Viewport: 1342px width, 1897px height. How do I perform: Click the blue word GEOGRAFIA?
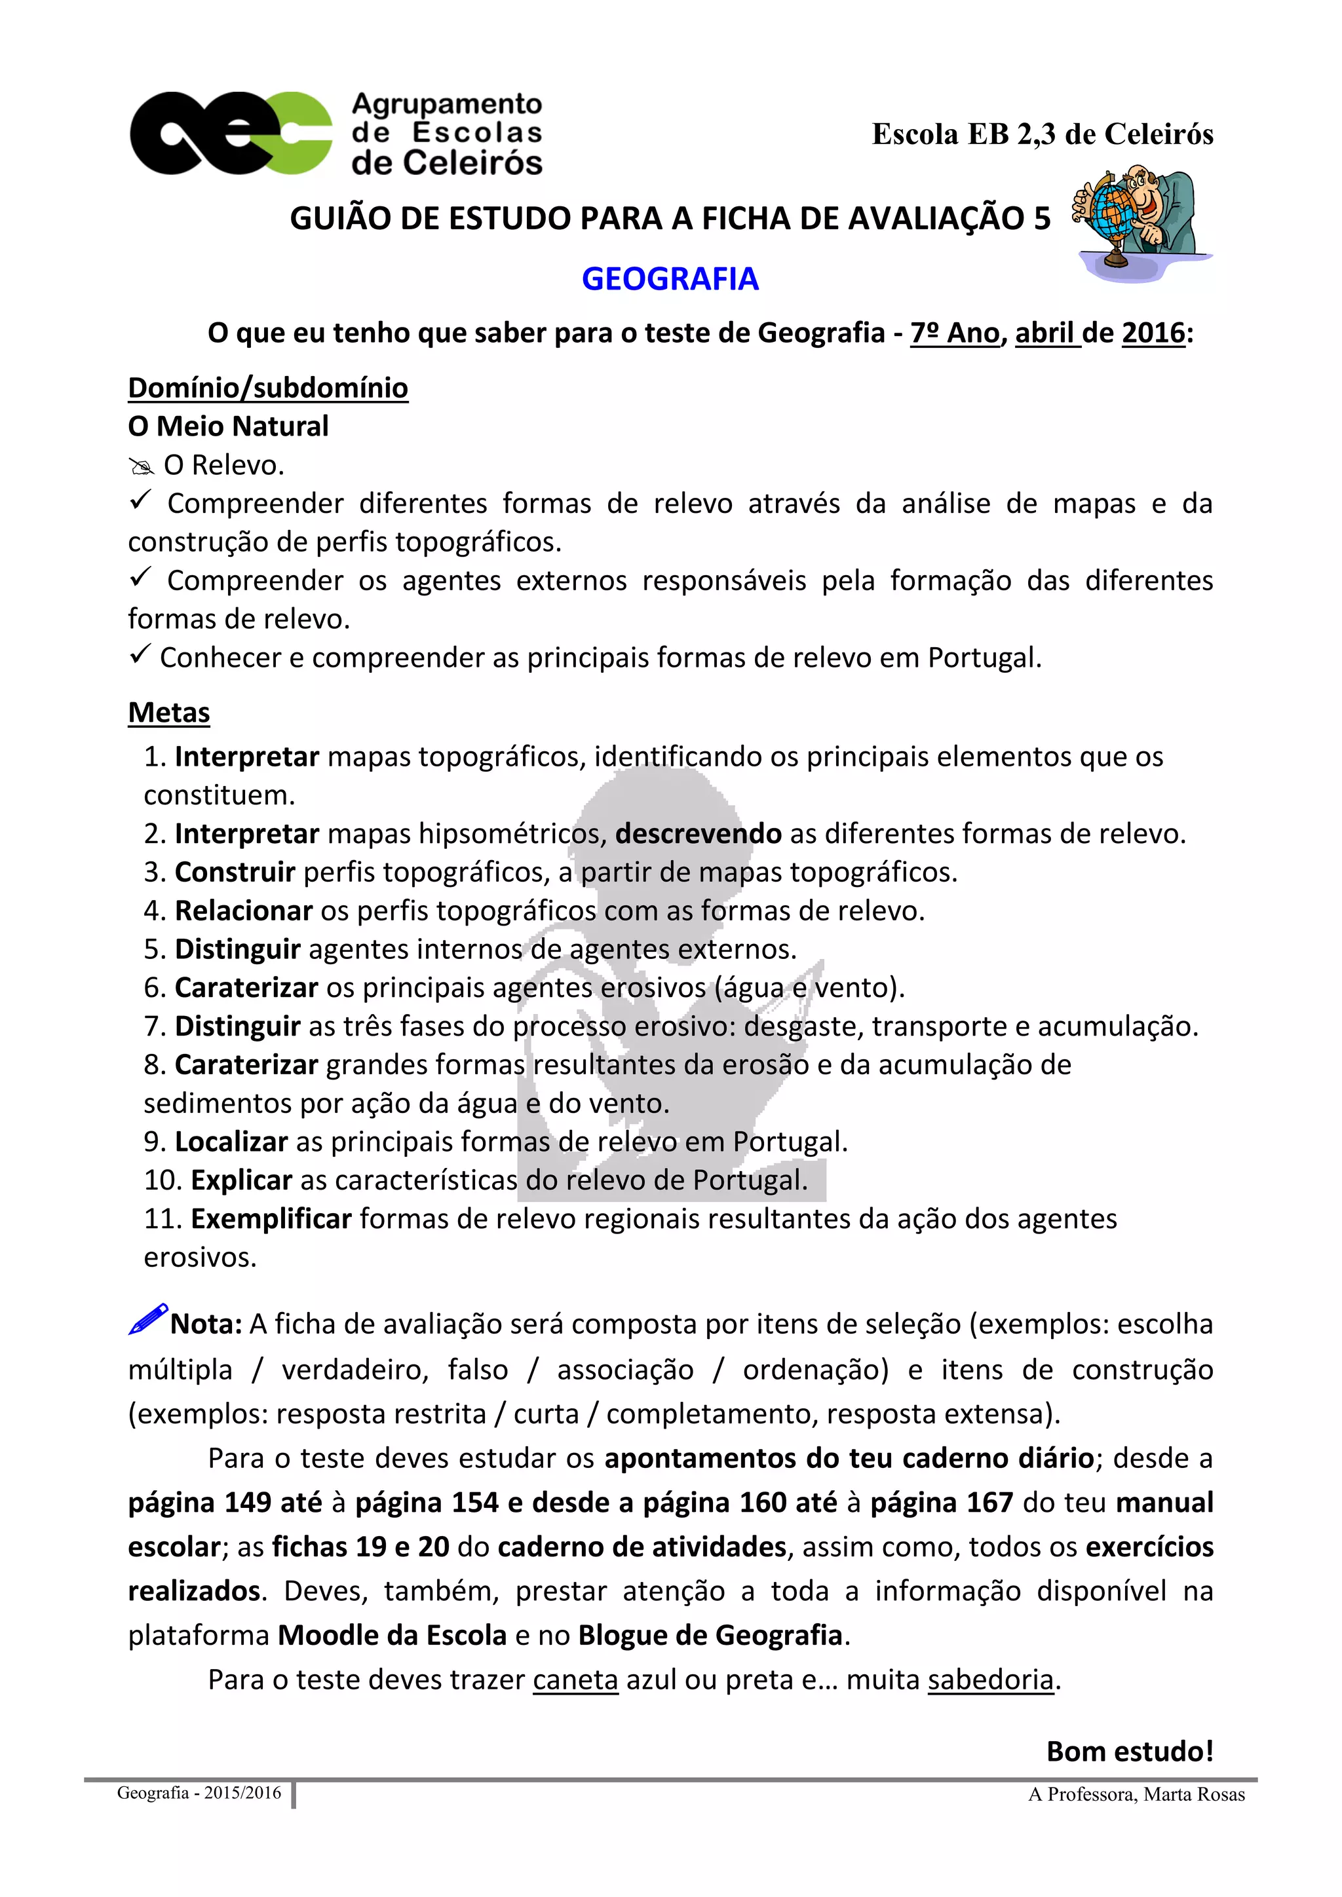click(x=670, y=279)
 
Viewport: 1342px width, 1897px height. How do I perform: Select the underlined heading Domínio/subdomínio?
click(x=268, y=388)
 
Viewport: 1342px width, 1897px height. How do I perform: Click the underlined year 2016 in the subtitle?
click(x=1153, y=333)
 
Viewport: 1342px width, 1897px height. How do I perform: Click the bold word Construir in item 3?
click(x=235, y=872)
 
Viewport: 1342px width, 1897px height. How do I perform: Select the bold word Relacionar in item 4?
click(x=244, y=911)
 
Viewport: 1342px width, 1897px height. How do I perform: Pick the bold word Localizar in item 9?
click(x=231, y=1141)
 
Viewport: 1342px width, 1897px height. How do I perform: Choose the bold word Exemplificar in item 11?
click(x=272, y=1218)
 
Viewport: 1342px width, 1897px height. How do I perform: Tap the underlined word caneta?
click(x=575, y=1680)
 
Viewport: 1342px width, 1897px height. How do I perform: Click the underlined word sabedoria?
click(x=991, y=1680)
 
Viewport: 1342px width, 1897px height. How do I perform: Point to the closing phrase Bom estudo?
click(x=1130, y=1751)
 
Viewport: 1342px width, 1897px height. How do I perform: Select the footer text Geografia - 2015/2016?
click(x=199, y=1792)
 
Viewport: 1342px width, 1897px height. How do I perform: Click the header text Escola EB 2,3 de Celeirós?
click(x=1042, y=134)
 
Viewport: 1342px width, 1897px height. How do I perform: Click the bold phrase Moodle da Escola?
click(x=392, y=1635)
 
